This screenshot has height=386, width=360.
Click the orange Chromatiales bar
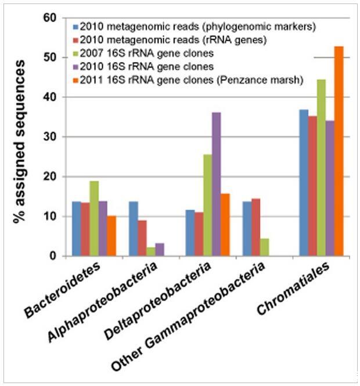[x=339, y=151]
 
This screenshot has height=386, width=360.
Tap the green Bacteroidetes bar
[x=94, y=218]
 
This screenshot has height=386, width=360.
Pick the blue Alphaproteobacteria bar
[x=132, y=229]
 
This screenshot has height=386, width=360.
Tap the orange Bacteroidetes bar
[x=111, y=236]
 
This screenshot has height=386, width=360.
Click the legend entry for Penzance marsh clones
[x=192, y=80]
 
